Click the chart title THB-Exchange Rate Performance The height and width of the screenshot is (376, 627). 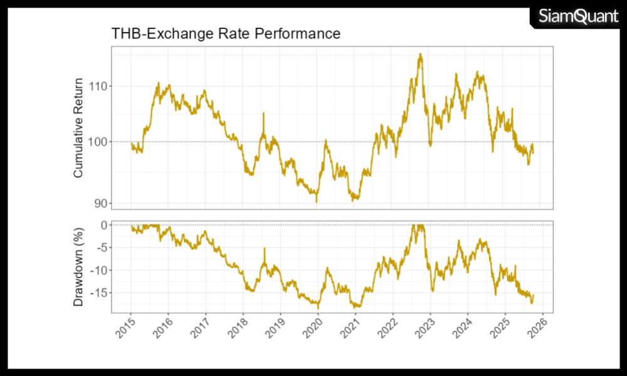(226, 33)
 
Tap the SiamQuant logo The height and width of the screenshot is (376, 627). (577, 16)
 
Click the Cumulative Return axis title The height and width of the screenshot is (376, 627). (78, 128)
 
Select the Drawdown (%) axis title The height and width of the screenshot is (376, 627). (78, 267)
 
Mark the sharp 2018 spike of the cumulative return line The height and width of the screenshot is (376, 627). (263, 113)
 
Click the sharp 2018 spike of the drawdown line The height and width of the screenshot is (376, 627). (264, 249)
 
